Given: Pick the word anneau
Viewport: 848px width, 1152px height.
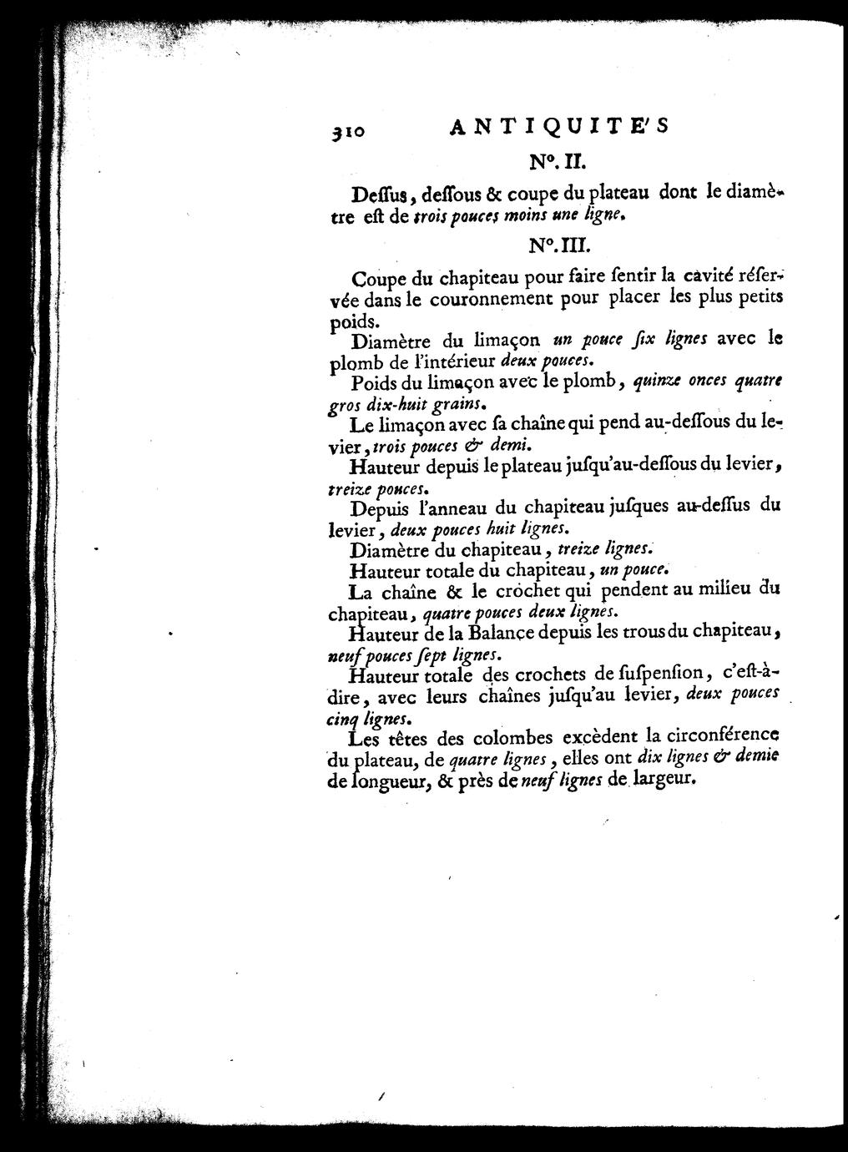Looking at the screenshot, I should pos(452,506).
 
